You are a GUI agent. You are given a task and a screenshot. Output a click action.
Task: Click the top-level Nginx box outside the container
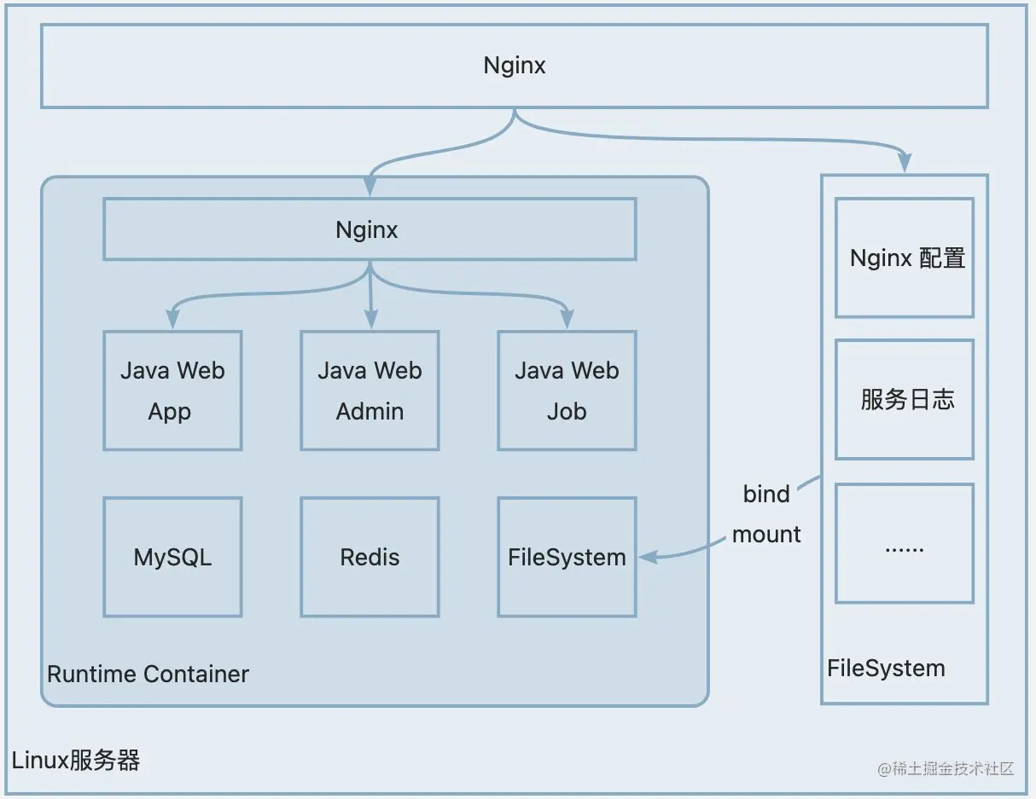tap(514, 66)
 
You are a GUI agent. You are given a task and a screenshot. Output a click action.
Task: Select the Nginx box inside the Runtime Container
tap(369, 229)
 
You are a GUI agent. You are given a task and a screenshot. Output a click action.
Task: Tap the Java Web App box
tap(172, 391)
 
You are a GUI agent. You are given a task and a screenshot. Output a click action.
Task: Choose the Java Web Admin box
tap(370, 391)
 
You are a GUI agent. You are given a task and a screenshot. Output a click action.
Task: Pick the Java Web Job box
tap(567, 391)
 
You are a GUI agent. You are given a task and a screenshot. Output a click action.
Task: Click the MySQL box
tap(172, 557)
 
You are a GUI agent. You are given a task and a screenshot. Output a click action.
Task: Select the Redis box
tap(370, 557)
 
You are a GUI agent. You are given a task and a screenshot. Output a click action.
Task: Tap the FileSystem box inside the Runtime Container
tap(567, 557)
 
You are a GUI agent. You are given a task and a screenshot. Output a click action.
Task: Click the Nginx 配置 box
tap(905, 258)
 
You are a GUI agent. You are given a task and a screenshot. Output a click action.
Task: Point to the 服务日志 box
tap(905, 399)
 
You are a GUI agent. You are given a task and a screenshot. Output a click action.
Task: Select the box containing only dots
tap(905, 543)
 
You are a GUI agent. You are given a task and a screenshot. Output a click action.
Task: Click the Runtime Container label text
tap(148, 674)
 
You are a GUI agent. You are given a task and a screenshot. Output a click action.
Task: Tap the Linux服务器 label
tap(75, 760)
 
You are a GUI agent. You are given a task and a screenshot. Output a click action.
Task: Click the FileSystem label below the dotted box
tap(886, 668)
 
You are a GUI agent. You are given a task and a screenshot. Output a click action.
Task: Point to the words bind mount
tap(766, 514)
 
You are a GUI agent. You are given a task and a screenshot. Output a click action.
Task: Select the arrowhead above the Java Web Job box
tap(567, 320)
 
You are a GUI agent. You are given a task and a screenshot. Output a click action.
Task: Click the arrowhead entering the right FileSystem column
tap(905, 163)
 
